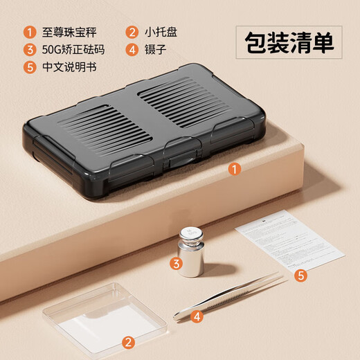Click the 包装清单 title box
coord(289,43)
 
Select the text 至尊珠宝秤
coord(68,31)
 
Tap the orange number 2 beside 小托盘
coord(132,31)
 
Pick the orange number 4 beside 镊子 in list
coord(132,49)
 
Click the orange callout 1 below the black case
coord(235,168)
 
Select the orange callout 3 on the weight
coord(177,263)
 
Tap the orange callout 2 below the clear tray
coord(127,342)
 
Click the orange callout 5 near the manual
coord(300,276)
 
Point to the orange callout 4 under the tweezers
coord(197,316)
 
